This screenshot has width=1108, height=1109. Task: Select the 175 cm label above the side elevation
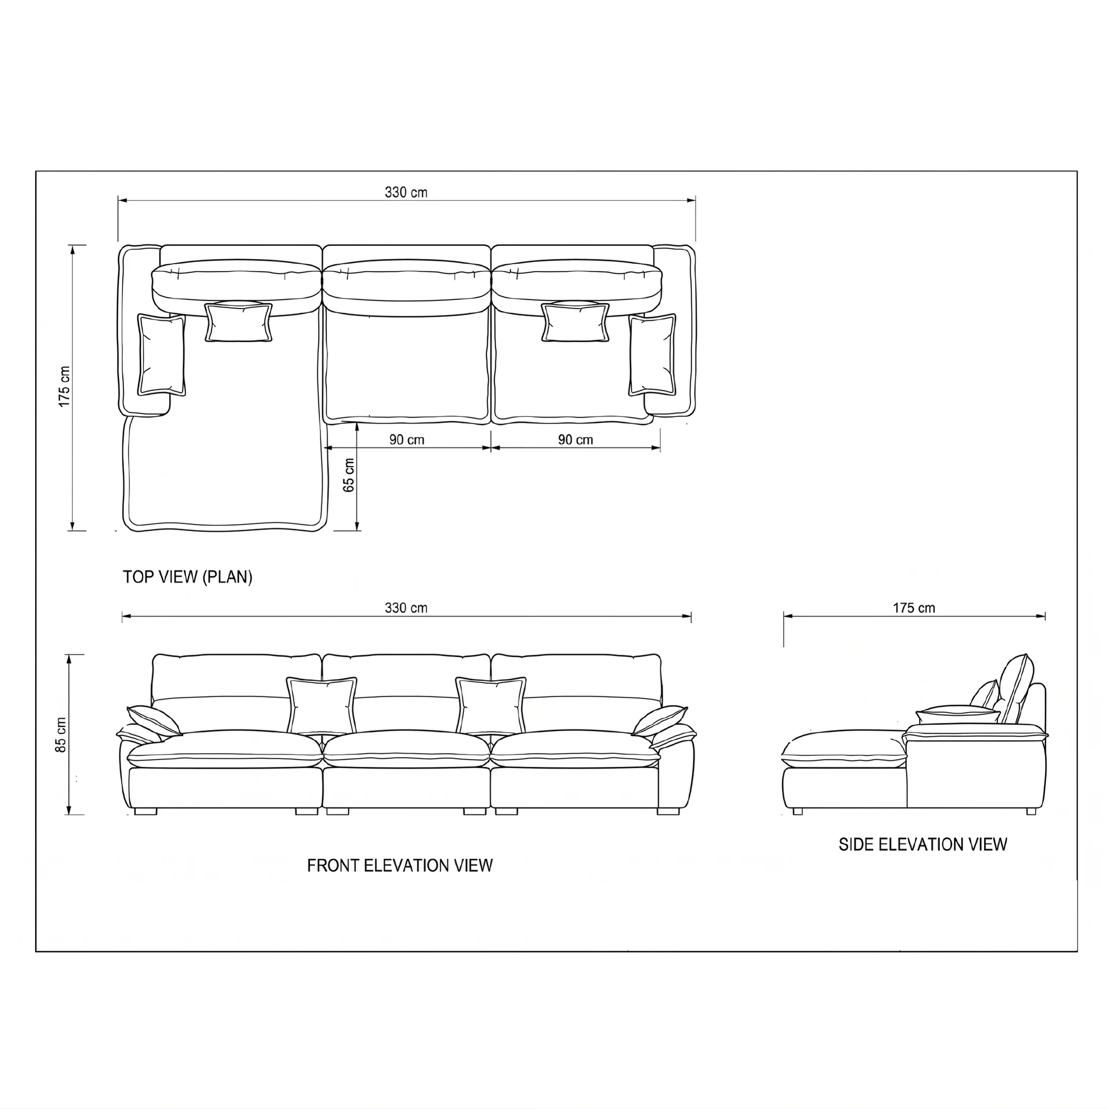[x=914, y=608]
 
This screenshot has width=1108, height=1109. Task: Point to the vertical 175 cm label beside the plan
[x=64, y=387]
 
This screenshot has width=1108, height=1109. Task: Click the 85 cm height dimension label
[x=61, y=734]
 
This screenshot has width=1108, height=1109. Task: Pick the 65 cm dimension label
[x=349, y=475]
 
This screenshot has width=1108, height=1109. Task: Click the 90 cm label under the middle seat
[x=407, y=440]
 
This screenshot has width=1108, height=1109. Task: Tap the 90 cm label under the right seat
[x=575, y=440]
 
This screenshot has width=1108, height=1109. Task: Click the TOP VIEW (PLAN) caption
[x=188, y=577]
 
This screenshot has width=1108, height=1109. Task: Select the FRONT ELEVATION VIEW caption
[x=400, y=866]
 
